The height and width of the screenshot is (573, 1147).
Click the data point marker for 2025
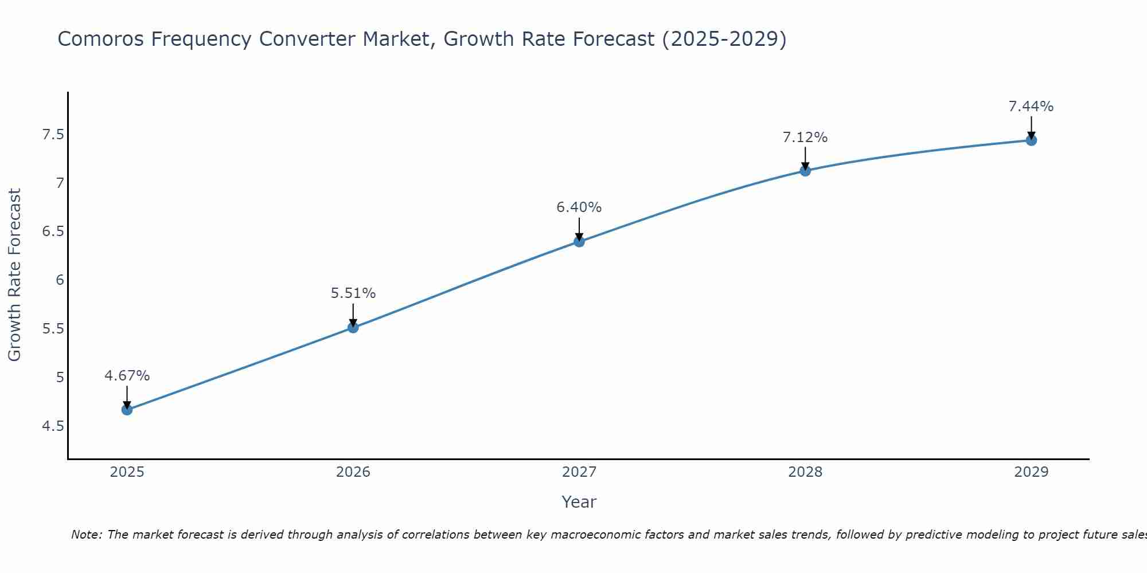(127, 410)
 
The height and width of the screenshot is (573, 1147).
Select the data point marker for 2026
(353, 328)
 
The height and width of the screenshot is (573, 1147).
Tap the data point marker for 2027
(579, 241)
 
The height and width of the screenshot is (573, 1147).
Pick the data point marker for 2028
(805, 171)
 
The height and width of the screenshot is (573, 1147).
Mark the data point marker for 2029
(1031, 140)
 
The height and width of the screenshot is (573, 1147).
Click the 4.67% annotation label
(127, 376)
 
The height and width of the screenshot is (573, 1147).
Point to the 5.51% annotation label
(353, 293)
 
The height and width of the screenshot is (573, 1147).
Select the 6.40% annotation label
(579, 207)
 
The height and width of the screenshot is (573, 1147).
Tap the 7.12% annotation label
(805, 138)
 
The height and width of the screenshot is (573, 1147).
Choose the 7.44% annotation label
(1031, 107)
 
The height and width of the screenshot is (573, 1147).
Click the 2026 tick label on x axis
(353, 472)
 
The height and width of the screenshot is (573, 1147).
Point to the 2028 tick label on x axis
(805, 472)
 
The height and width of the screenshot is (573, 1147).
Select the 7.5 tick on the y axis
(53, 135)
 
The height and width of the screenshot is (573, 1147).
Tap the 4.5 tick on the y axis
(53, 426)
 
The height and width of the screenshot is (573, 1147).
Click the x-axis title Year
(579, 502)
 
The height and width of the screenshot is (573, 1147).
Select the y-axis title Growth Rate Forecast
(15, 275)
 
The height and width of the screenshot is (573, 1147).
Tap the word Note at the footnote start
(85, 535)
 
